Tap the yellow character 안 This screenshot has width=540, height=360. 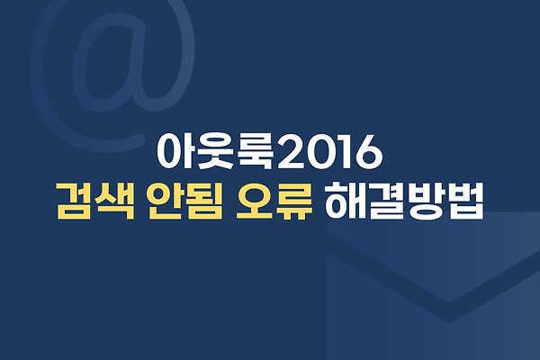pyautogui.click(x=164, y=202)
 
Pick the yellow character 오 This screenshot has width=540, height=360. pyautogui.click(x=253, y=202)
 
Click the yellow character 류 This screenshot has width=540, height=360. pyautogui.click(x=293, y=202)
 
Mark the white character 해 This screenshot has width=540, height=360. pyautogui.click(x=343, y=202)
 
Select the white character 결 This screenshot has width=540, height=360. pyautogui.click(x=383, y=202)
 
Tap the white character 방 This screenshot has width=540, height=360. pyautogui.click(x=423, y=202)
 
